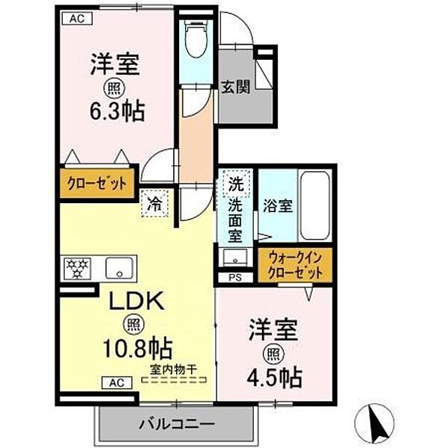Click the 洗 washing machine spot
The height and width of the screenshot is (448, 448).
(236, 183)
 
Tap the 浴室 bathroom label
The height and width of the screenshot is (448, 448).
(278, 206)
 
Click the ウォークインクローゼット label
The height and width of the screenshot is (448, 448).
(295, 264)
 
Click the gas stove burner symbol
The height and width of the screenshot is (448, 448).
(77, 267)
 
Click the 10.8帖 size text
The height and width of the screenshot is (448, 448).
(138, 347)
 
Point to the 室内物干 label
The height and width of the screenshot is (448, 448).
(173, 368)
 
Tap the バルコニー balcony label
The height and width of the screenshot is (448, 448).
(175, 425)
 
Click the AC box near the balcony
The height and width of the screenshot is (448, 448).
(117, 383)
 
